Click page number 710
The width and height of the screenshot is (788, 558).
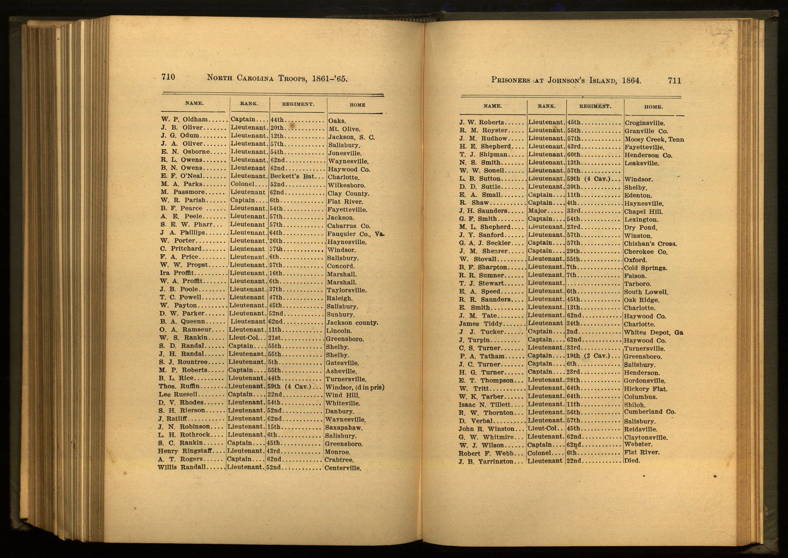click(168, 77)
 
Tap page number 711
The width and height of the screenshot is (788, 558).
click(674, 81)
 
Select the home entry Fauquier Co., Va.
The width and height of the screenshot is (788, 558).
click(355, 234)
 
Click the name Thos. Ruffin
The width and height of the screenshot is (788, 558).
click(179, 386)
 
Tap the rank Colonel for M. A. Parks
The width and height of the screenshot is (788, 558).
click(243, 184)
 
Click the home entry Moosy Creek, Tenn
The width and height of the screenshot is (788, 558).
click(654, 139)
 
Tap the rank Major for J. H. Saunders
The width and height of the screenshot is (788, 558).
click(537, 211)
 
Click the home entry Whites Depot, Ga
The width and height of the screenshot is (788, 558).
click(653, 332)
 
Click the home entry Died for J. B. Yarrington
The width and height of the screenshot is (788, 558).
click(632, 460)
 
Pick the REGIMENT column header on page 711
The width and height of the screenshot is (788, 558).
click(595, 106)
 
